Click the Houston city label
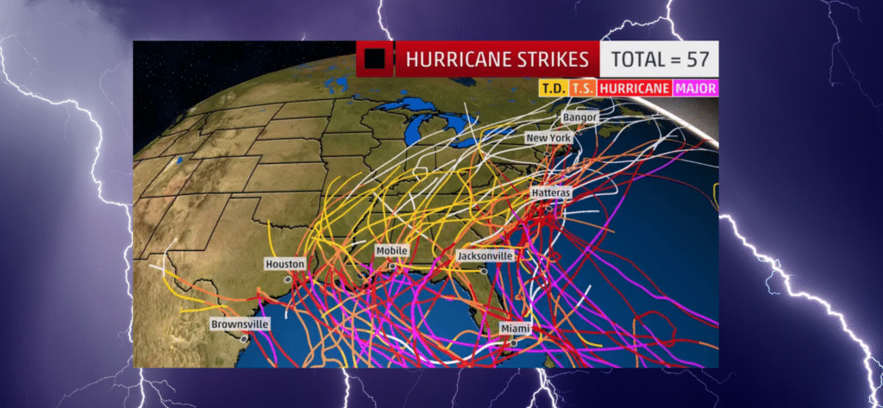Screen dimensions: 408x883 [285, 263]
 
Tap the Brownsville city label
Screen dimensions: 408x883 [240, 324]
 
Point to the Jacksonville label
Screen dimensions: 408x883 [485, 256]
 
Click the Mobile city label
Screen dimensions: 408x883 [391, 251]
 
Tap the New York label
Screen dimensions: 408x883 [548, 138]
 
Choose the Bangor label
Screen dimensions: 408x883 [579, 116]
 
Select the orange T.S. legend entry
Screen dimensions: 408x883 [582, 88]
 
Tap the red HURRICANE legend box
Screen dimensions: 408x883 [635, 88]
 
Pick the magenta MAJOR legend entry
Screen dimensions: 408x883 [697, 88]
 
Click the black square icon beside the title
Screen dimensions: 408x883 [374, 60]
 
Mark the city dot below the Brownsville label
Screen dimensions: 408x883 [245, 339]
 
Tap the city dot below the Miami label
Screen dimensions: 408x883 [514, 342]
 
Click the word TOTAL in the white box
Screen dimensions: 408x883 [637, 60]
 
